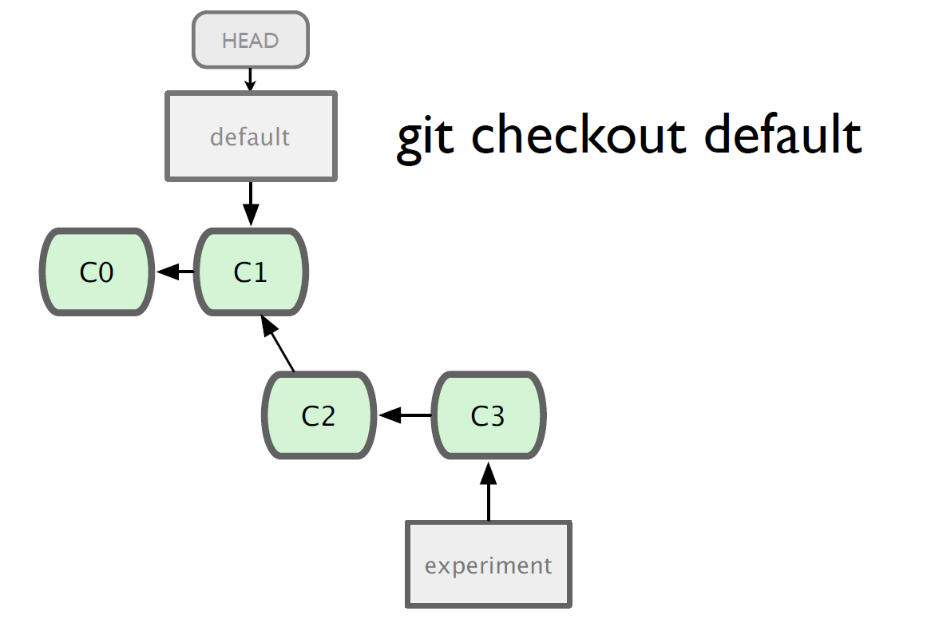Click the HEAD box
click(x=251, y=40)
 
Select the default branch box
click(x=252, y=137)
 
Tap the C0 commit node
click(x=97, y=272)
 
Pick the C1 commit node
click(x=252, y=272)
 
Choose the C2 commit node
click(x=319, y=415)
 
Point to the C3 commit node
click(x=488, y=415)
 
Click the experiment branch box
click(x=489, y=564)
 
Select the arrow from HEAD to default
click(x=250, y=80)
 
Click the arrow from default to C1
click(x=252, y=204)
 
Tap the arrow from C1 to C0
click(x=175, y=272)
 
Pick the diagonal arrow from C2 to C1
click(x=277, y=343)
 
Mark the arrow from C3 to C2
click(x=405, y=415)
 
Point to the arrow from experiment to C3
click(x=489, y=491)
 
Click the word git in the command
click(x=425, y=138)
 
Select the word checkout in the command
click(x=579, y=134)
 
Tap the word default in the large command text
click(x=783, y=134)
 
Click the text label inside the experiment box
click(x=488, y=566)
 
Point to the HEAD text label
click(x=251, y=41)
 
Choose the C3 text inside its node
click(x=488, y=415)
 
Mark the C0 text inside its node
click(x=96, y=272)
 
